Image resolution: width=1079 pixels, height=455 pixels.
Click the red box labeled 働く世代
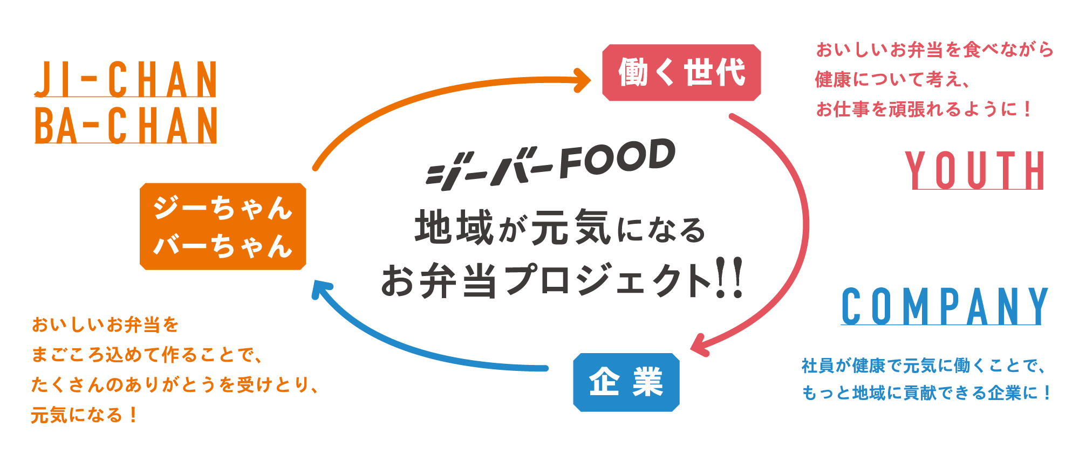[681, 73]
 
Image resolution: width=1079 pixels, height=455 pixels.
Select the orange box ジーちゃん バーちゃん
[223, 226]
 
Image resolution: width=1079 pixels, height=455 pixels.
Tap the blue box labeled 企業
[626, 382]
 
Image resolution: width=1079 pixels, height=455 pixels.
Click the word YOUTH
[975, 170]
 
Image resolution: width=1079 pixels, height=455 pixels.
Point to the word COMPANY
[945, 306]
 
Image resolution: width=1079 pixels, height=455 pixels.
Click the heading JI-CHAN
[126, 79]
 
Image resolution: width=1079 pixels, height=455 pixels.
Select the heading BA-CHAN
[126, 125]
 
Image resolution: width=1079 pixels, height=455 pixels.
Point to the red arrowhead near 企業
[699, 345]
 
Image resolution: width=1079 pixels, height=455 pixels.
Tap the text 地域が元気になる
[560, 228]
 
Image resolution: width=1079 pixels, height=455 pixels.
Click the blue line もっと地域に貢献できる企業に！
[926, 393]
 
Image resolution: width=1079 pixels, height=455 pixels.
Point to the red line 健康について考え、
[893, 80]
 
